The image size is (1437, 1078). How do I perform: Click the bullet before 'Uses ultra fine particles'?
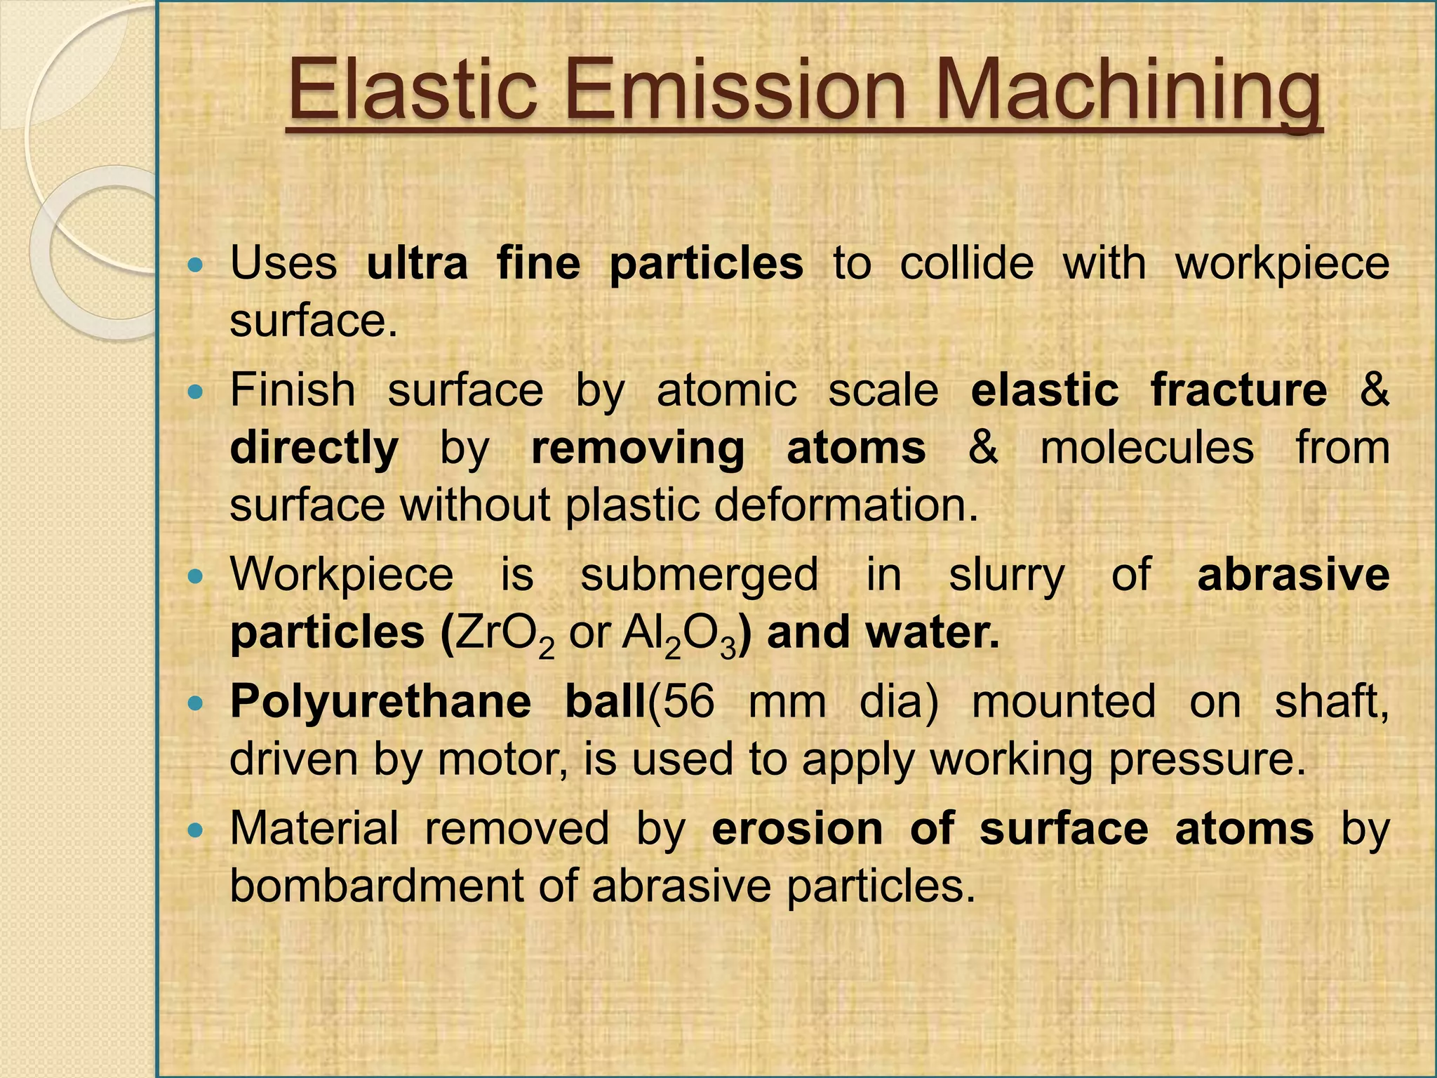(196, 265)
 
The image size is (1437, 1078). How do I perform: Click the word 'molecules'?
(1147, 447)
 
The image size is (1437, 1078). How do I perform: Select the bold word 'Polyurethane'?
(381, 702)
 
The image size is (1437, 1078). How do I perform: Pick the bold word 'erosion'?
(797, 828)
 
